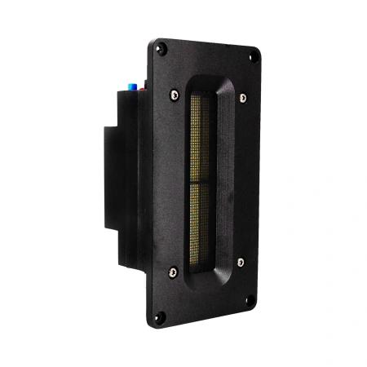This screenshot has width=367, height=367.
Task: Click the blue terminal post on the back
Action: pos(127,85)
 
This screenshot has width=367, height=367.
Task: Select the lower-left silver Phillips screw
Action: pos(172,272)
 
